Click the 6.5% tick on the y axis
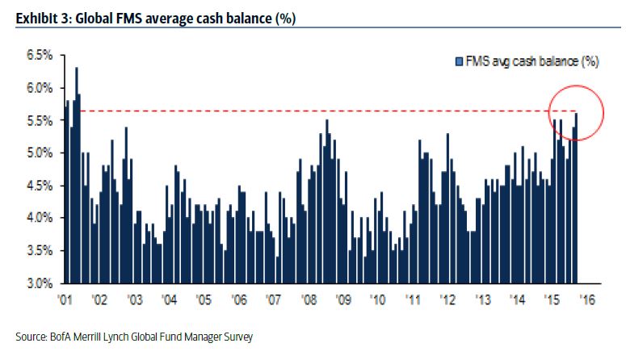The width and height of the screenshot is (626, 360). point(38,55)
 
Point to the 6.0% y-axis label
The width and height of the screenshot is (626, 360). point(38,88)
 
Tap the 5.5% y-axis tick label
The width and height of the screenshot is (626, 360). point(38,120)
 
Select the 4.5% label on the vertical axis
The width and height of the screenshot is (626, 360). point(38,186)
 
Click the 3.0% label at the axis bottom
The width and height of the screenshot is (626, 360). point(38,283)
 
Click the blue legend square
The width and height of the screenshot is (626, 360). point(459,61)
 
